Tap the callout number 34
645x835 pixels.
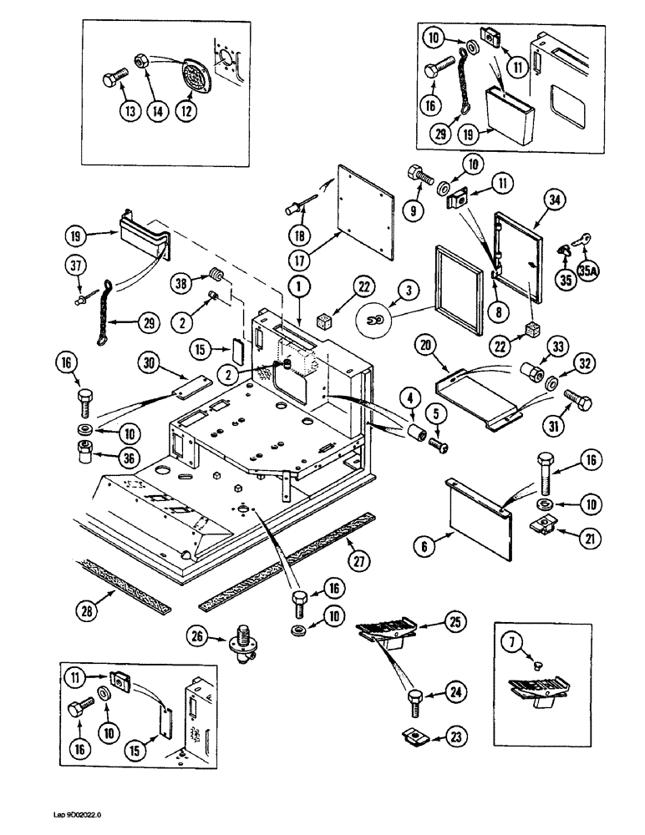click(x=551, y=200)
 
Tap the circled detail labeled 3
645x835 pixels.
click(x=378, y=319)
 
